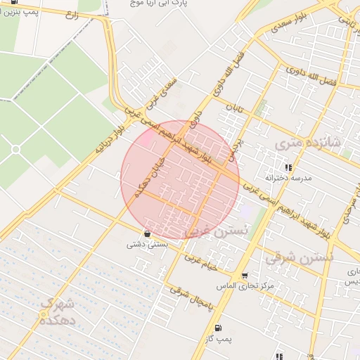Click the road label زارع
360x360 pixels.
point(71,15)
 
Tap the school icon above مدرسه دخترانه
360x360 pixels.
point(288,167)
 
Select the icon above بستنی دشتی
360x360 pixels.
point(147,233)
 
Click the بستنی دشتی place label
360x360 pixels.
point(147,245)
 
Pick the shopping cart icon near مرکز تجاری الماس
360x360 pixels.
point(244,276)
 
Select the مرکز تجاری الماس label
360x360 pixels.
point(245,286)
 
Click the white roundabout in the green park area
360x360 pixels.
point(15,149)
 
